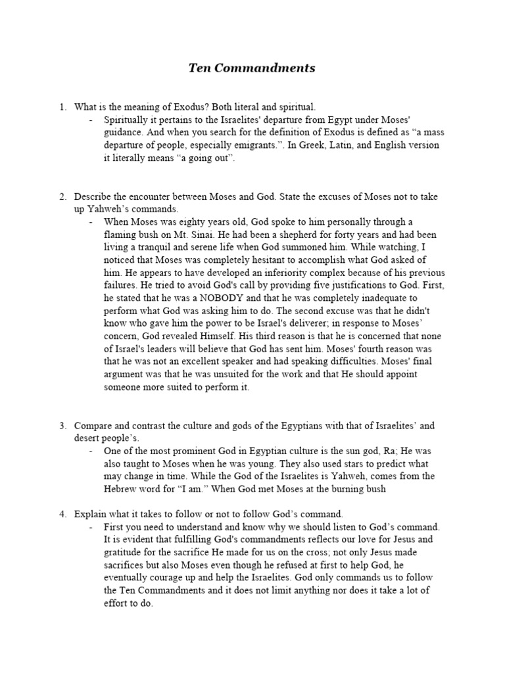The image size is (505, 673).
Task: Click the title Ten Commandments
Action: point(252,68)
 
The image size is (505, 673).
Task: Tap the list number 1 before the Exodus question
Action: point(62,106)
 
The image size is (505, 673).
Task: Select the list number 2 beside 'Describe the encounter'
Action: point(62,197)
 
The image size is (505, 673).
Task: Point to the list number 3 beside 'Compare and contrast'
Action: point(62,426)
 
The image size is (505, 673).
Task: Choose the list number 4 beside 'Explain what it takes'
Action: point(62,514)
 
